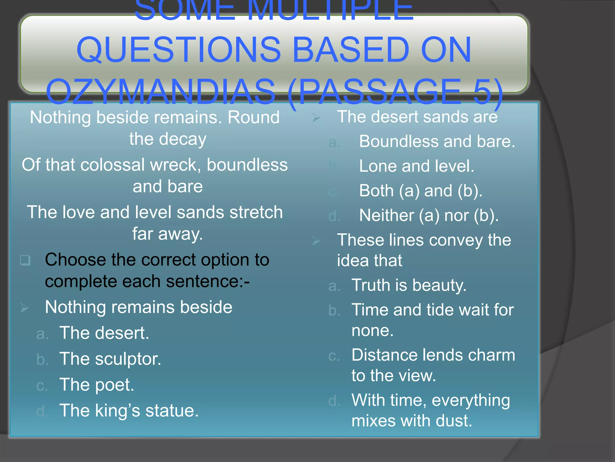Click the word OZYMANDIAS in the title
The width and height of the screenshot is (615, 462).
pyautogui.click(x=161, y=92)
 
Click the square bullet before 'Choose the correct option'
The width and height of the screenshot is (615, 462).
pyautogui.click(x=25, y=260)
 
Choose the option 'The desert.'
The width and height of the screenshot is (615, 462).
pyautogui.click(x=104, y=333)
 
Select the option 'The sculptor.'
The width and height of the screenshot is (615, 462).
pyautogui.click(x=110, y=359)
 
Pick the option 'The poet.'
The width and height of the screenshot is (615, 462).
pyautogui.click(x=97, y=385)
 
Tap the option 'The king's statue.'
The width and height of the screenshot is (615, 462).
pyautogui.click(x=129, y=411)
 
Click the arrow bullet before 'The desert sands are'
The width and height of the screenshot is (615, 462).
pyautogui.click(x=317, y=118)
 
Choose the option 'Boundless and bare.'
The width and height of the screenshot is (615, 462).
pyautogui.click(x=437, y=141)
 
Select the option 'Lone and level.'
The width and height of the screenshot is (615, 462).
pyautogui.click(x=417, y=166)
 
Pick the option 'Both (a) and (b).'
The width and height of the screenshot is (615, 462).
pyautogui.click(x=421, y=191)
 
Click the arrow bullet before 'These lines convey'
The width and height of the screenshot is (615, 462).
pyautogui.click(x=317, y=241)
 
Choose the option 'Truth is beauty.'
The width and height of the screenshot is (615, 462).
pyautogui.click(x=409, y=285)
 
